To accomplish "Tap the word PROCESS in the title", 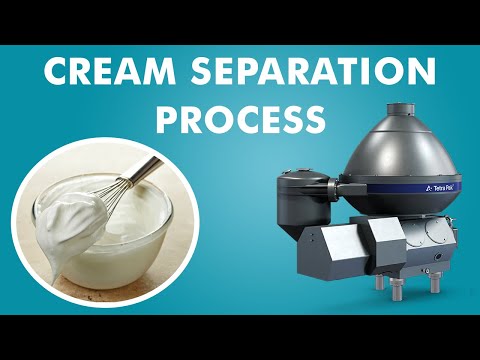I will coord(240,119).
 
